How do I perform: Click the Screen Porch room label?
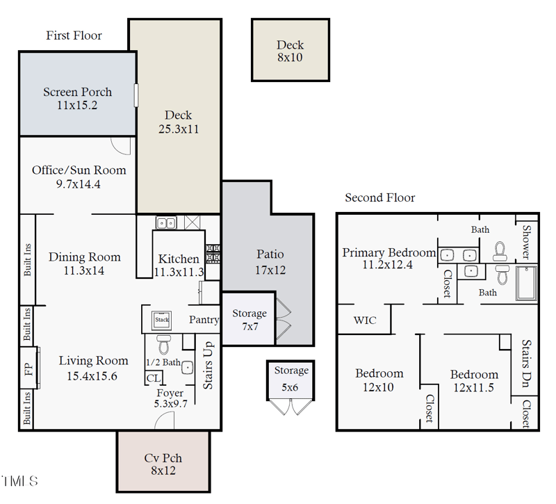(77, 92)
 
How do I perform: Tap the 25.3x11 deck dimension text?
(179, 129)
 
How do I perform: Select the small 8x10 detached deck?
(290, 51)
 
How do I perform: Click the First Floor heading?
(74, 35)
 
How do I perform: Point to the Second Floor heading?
(379, 198)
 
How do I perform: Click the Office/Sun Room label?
(79, 170)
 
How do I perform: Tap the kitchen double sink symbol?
(165, 223)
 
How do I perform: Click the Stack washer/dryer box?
(162, 320)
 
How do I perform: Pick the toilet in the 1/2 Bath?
(164, 343)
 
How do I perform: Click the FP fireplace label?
(28, 369)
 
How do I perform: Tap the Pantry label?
(204, 320)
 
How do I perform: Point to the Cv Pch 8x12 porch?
(163, 463)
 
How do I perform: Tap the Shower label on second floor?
(526, 242)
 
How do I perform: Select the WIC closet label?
(365, 320)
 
